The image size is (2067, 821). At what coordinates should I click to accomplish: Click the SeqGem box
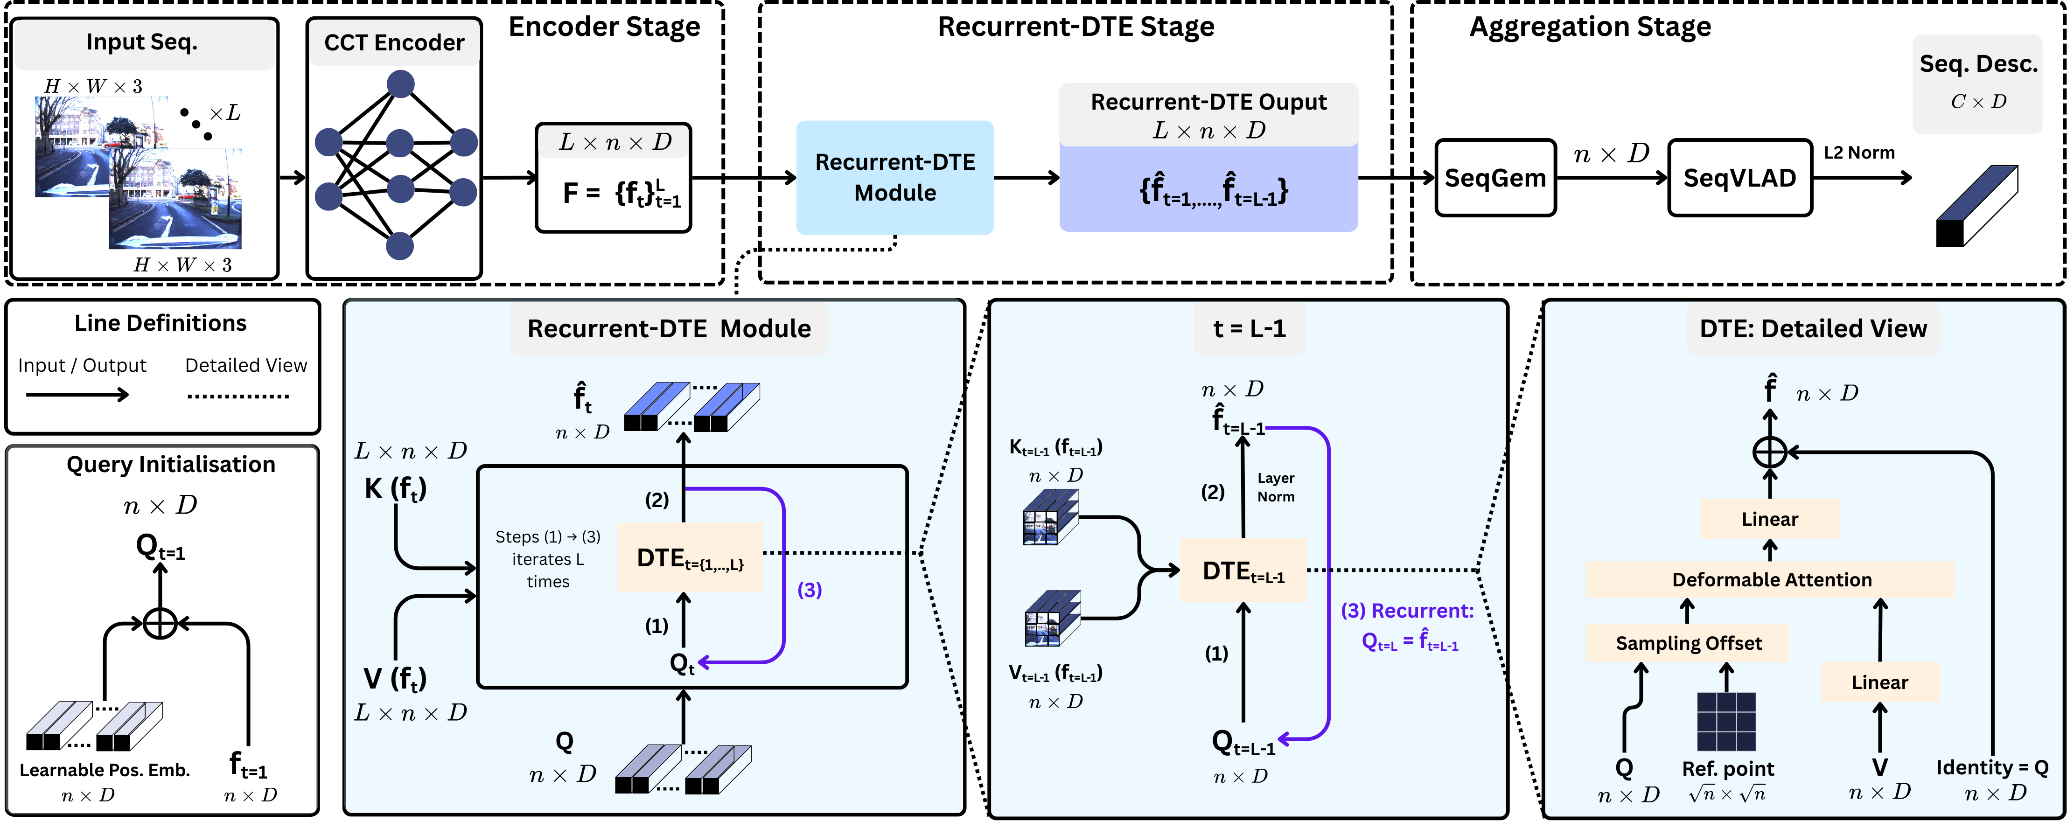1495,177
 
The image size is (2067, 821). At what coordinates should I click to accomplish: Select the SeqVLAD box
1739,177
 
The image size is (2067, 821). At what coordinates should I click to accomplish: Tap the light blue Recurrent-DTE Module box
894,177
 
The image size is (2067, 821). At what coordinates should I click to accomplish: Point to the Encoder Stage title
604,27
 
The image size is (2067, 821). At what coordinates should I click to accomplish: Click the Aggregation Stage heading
1590,27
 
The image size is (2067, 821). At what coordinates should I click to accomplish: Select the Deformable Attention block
1771,579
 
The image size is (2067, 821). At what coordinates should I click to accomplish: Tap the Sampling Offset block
1688,643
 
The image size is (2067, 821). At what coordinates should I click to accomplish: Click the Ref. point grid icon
1726,721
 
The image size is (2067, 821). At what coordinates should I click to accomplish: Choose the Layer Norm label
1276,487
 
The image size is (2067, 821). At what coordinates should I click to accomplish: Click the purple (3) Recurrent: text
1407,611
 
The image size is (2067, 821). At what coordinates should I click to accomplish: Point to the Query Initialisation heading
170,465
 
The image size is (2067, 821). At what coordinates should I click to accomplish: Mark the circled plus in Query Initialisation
160,623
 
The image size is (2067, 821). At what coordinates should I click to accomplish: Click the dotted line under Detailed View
237,396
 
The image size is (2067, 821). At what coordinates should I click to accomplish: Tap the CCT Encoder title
394,42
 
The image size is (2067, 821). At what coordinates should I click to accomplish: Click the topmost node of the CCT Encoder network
399,83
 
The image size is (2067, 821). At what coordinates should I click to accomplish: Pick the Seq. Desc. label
1978,64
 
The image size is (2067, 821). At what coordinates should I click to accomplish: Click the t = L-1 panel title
1250,328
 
